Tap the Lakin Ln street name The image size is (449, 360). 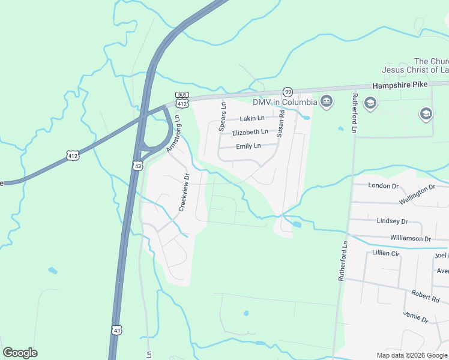[x=253, y=119]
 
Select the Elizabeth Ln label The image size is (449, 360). [x=250, y=132]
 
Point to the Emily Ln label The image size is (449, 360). [x=249, y=146]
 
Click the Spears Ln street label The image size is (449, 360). [x=222, y=116]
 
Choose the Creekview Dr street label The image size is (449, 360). [x=184, y=193]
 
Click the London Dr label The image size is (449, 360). [x=383, y=186]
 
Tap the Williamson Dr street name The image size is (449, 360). [x=410, y=239]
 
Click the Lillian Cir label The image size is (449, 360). [x=386, y=253]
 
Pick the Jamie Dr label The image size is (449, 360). [x=415, y=317]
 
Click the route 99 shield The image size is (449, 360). [x=288, y=92]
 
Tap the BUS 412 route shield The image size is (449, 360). [x=182, y=100]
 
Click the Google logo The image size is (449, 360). [x=20, y=353]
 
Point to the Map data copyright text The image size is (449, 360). [x=412, y=355]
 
